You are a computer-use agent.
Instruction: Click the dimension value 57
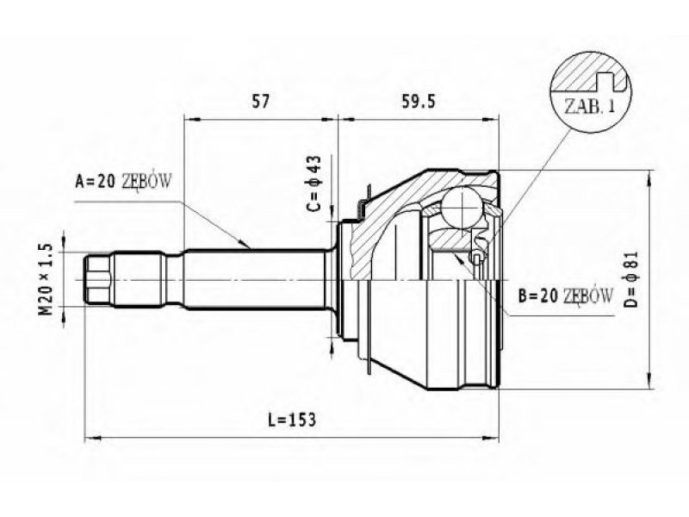click(260, 102)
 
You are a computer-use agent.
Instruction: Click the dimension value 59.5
click(419, 102)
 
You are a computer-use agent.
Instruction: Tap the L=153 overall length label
click(293, 420)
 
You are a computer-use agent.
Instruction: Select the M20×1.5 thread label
click(47, 280)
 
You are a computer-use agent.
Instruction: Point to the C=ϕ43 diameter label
click(315, 184)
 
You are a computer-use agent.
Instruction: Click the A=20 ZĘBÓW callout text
click(123, 181)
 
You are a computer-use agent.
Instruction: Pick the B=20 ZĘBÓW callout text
click(566, 296)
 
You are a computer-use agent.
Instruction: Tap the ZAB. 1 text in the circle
click(589, 106)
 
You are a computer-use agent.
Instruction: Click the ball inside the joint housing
click(462, 207)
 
